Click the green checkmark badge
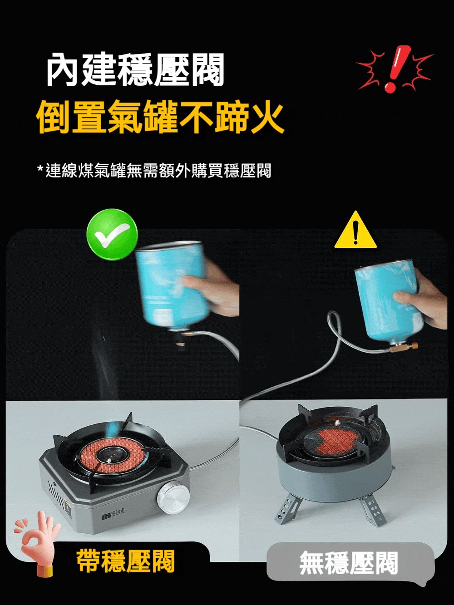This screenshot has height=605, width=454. (112, 235)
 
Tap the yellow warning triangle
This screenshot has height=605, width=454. (355, 231)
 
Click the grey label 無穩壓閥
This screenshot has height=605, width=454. (349, 562)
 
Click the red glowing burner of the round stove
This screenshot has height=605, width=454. (336, 442)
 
